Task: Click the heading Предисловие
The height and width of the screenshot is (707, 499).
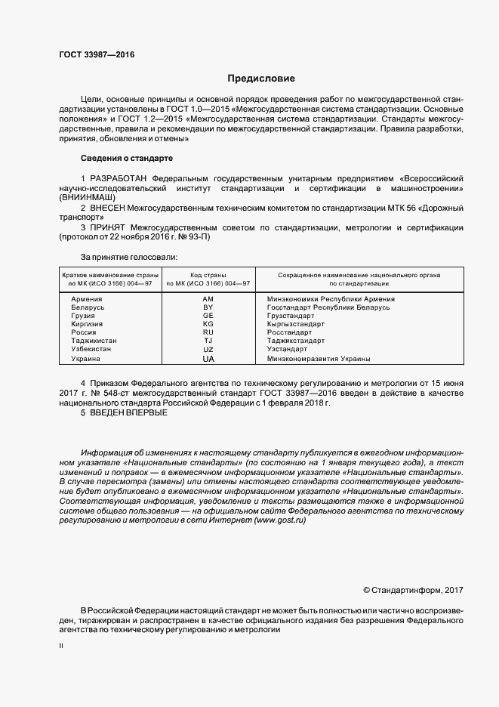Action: coord(261,79)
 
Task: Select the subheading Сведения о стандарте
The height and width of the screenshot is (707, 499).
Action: coord(126,158)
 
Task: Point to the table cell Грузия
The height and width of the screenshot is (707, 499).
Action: coord(83,316)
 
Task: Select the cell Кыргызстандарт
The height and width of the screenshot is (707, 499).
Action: coord(296,324)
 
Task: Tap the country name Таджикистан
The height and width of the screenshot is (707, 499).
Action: coord(94,341)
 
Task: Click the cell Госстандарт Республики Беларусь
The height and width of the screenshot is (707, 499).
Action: coord(328,308)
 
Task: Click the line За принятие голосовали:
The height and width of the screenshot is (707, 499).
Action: coord(128,257)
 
